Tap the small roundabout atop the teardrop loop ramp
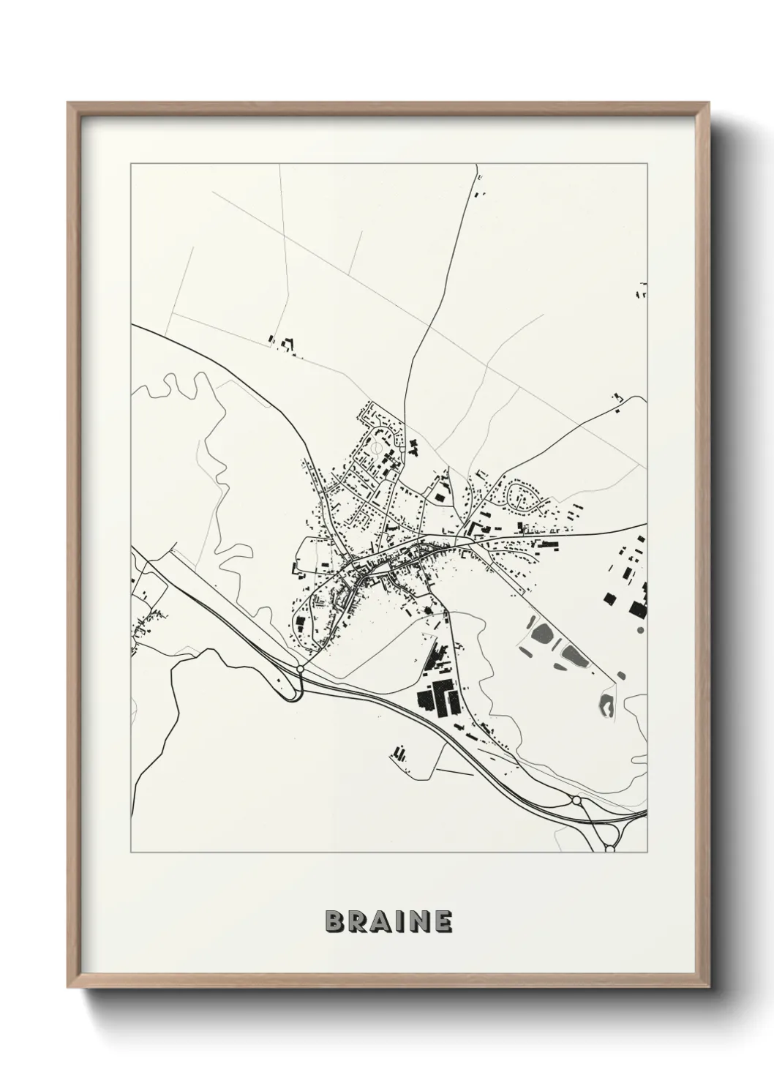(300, 669)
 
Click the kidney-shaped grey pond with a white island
(606, 705)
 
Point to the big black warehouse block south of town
(437, 697)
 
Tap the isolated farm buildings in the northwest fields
(283, 344)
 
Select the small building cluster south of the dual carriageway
(399, 752)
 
